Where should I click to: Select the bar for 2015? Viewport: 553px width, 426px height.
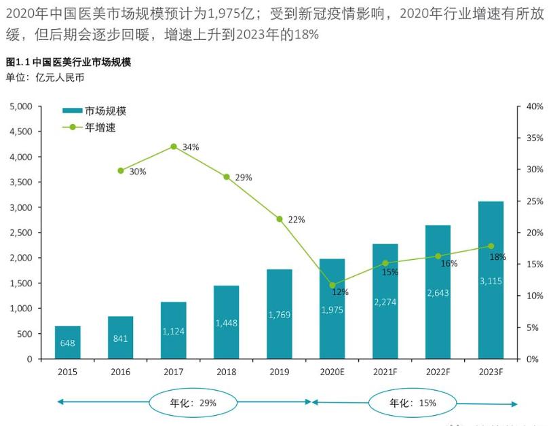tap(68, 343)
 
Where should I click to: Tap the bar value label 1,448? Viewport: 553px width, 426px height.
tap(226, 324)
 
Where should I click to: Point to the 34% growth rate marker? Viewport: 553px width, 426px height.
tap(174, 147)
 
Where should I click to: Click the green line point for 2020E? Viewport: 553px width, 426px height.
tap(332, 285)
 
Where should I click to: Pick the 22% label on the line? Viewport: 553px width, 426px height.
tap(297, 220)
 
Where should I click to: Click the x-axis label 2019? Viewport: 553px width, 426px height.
tap(279, 372)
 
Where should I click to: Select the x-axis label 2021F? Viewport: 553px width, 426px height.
tap(385, 372)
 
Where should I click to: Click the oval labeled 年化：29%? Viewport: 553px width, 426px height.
tap(193, 402)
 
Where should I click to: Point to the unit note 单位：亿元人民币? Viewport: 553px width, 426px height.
tap(45, 77)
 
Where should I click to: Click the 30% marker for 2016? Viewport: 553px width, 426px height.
tap(121, 171)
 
